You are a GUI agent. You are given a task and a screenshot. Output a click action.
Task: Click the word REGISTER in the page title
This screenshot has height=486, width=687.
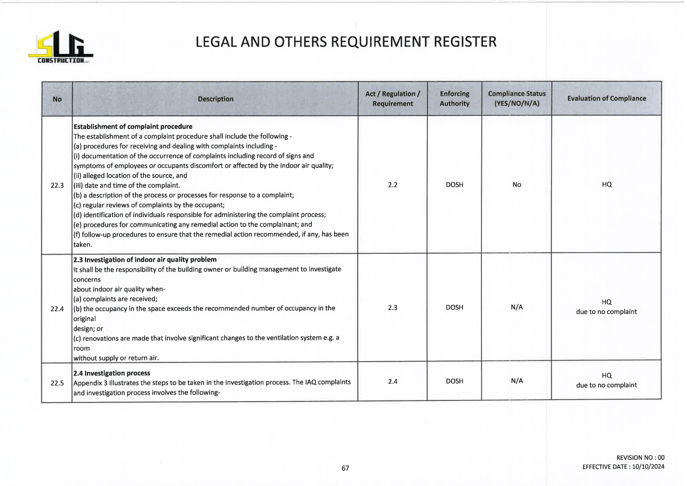(465, 42)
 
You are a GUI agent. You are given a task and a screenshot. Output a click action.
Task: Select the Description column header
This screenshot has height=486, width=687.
(215, 99)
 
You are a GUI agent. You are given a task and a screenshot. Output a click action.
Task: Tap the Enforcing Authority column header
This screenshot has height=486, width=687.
(454, 99)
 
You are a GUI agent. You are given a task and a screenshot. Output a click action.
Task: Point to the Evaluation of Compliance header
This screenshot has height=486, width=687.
(606, 98)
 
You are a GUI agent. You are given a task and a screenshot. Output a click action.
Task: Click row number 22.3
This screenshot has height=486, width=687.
(57, 185)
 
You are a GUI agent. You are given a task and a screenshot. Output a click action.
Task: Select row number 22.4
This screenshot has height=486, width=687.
(57, 309)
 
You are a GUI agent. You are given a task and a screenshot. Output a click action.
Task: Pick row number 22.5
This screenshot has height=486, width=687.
(57, 383)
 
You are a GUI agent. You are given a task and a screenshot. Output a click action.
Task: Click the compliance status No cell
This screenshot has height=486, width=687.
(517, 185)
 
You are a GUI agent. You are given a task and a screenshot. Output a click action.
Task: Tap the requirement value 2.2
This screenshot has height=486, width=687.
(392, 185)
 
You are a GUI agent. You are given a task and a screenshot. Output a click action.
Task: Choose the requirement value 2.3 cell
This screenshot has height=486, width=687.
(392, 308)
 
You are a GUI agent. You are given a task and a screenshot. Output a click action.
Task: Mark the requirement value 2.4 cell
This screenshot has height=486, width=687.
(392, 381)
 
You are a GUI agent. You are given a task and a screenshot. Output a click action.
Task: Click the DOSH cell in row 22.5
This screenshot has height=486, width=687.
(454, 381)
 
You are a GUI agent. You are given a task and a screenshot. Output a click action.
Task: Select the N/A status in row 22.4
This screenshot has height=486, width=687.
(517, 307)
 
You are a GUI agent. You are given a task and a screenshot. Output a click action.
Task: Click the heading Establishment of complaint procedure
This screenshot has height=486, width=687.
(133, 127)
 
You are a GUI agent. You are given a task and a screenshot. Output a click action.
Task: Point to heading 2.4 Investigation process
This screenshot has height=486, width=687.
(112, 373)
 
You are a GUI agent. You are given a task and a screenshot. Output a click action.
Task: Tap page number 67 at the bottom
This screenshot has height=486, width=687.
(345, 468)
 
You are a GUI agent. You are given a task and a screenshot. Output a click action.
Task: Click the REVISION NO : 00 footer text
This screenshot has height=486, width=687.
(640, 457)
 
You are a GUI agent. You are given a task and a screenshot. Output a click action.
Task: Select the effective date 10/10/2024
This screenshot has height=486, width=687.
(648, 466)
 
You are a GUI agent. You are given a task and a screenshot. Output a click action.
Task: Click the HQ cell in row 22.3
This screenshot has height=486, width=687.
(606, 185)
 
